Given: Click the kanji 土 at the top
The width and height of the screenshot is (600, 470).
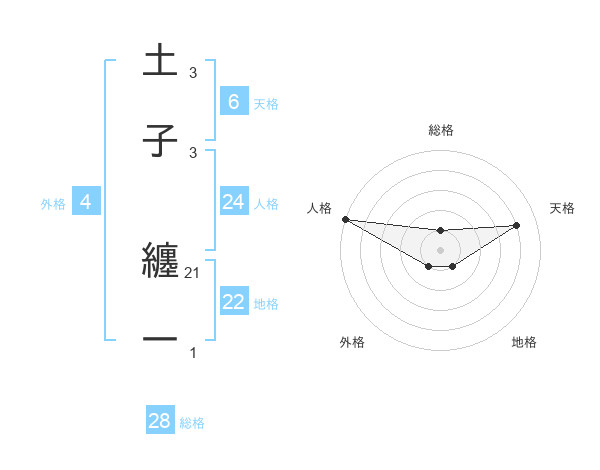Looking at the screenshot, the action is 160,61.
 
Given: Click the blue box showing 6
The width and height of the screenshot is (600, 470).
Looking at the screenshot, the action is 233,101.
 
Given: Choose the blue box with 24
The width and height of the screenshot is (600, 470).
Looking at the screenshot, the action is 233,202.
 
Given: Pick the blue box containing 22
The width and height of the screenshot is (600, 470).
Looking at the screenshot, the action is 233,302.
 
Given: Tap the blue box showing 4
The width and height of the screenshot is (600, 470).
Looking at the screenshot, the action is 85,202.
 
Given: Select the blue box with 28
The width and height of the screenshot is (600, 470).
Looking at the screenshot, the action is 159,421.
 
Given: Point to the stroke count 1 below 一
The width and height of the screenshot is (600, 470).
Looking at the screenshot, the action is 193,353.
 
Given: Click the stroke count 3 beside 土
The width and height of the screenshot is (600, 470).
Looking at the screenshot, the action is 193,73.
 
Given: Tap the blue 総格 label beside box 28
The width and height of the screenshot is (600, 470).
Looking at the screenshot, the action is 192,423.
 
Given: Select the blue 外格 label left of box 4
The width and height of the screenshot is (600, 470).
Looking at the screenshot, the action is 53,203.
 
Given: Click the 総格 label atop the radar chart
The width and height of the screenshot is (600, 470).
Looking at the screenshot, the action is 440,130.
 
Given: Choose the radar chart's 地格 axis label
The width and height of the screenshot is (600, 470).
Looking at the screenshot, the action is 524,342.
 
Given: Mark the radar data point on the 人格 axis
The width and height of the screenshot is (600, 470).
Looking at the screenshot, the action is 345,219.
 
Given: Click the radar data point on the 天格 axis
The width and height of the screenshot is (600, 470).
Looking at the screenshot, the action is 517,225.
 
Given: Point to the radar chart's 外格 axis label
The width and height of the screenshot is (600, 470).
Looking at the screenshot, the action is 352,342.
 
